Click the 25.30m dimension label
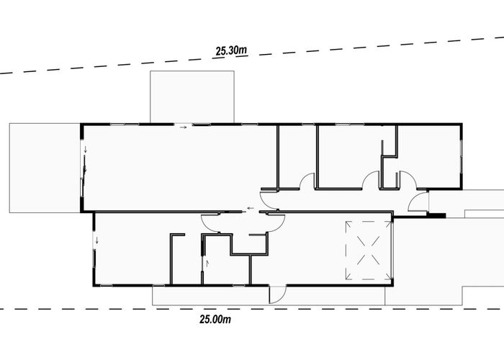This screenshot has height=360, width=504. click(231, 50)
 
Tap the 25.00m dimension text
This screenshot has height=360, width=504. click(215, 320)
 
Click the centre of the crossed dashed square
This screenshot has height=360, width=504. click(369, 251)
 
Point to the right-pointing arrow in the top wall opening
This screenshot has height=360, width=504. click(183, 127)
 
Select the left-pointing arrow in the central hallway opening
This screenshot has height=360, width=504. click(250, 208)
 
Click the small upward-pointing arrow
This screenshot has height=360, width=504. click(207, 264)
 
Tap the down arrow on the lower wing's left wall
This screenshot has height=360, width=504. click(96, 240)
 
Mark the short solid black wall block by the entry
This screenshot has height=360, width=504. click(436, 216)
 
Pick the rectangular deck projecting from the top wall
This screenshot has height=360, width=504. click(192, 96)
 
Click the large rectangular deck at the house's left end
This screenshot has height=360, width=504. click(45, 168)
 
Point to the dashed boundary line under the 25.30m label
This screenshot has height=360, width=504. click(252, 55)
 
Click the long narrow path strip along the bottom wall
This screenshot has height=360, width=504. click(269, 296)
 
